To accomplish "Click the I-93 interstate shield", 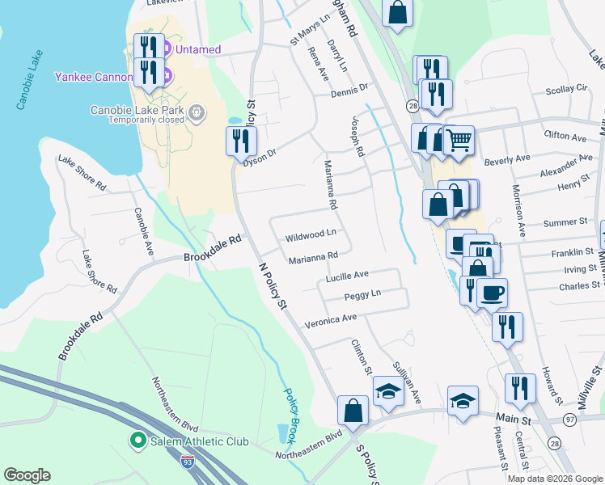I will [188, 462].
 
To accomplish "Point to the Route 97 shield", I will [571, 418].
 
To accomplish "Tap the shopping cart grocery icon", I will [459, 140].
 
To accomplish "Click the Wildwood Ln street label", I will [310, 238].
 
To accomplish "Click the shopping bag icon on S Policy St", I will [353, 410].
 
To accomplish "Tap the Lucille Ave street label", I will [347, 276].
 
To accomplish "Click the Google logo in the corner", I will [27, 475].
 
